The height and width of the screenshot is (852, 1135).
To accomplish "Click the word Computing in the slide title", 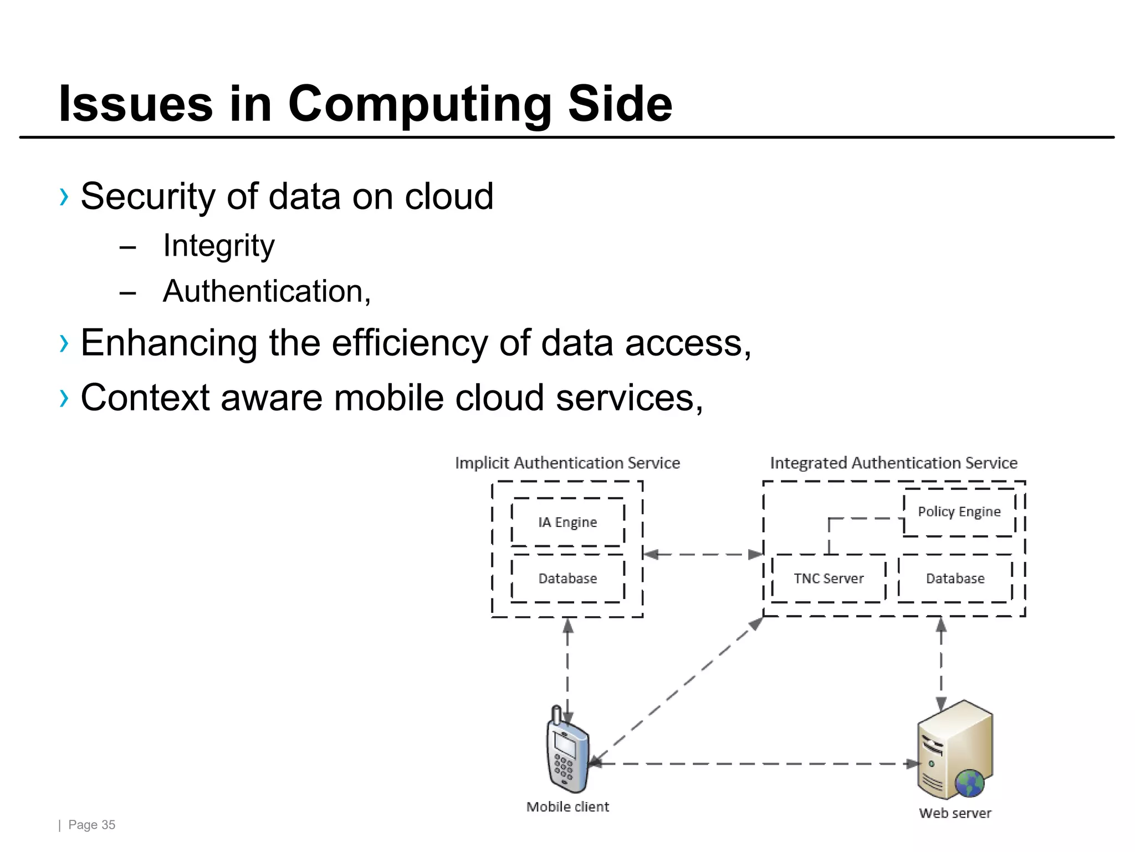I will (420, 104).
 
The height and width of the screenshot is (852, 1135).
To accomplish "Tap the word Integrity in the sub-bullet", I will (218, 246).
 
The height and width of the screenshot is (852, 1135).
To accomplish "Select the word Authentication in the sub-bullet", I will (263, 291).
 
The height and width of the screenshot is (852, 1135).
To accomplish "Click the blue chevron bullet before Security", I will (64, 197).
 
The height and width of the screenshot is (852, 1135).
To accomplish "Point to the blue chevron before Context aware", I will (64, 398).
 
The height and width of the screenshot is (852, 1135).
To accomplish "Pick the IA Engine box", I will (567, 522).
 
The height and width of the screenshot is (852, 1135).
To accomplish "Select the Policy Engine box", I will (959, 511).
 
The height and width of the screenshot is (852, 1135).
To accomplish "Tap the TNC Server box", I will (829, 579).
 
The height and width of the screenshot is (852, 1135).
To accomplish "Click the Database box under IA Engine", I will (567, 579).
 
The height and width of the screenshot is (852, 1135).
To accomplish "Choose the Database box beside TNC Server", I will (955, 579).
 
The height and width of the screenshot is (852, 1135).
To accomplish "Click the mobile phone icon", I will (567, 752).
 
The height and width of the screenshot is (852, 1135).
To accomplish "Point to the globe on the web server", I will (970, 783).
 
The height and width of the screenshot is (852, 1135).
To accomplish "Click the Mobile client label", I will (567, 807).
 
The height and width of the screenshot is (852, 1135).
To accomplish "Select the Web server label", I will (955, 813).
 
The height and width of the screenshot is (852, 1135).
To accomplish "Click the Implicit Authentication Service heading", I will (567, 463).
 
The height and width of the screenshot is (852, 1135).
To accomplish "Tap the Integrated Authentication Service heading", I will (893, 463).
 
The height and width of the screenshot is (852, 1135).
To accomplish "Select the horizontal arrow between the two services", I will (703, 554).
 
